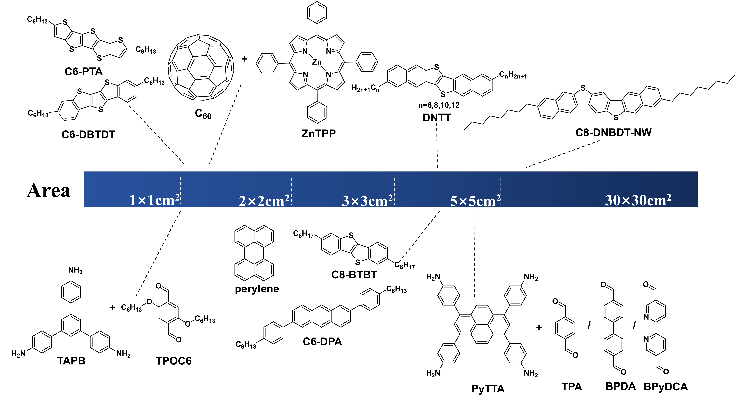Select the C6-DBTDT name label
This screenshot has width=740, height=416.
[89, 134]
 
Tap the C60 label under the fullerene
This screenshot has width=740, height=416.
[203, 114]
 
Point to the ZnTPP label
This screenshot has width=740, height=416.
[319, 133]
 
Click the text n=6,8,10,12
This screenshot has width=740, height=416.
[439, 105]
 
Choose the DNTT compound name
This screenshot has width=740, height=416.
[437, 118]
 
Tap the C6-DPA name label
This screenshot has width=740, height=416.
[322, 342]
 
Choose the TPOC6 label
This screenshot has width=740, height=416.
[174, 361]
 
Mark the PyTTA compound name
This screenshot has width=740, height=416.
[488, 389]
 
